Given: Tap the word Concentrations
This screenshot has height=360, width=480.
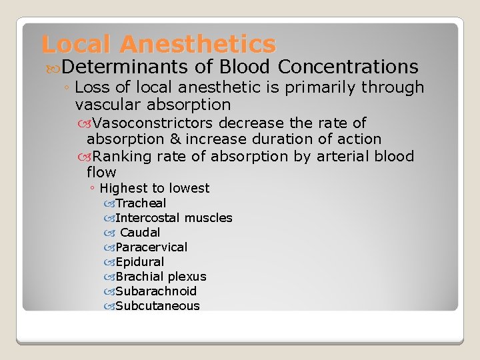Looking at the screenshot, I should tap(348, 67).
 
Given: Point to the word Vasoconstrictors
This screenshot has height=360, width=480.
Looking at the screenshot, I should tap(153, 123).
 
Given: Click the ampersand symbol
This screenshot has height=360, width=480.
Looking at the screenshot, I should tap(175, 139).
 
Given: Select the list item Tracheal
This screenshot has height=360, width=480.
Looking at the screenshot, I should tap(141, 203).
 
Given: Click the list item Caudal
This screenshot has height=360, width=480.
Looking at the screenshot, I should tap(140, 233).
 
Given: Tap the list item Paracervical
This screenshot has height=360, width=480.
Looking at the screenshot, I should tap(151, 247).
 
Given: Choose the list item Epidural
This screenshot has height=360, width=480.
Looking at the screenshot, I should tap(139, 262).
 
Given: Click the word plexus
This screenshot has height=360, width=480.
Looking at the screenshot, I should tap(187, 277).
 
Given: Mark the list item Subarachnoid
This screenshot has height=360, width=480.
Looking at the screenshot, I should tap(156, 291).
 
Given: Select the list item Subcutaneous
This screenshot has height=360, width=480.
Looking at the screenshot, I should tap(157, 306).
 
